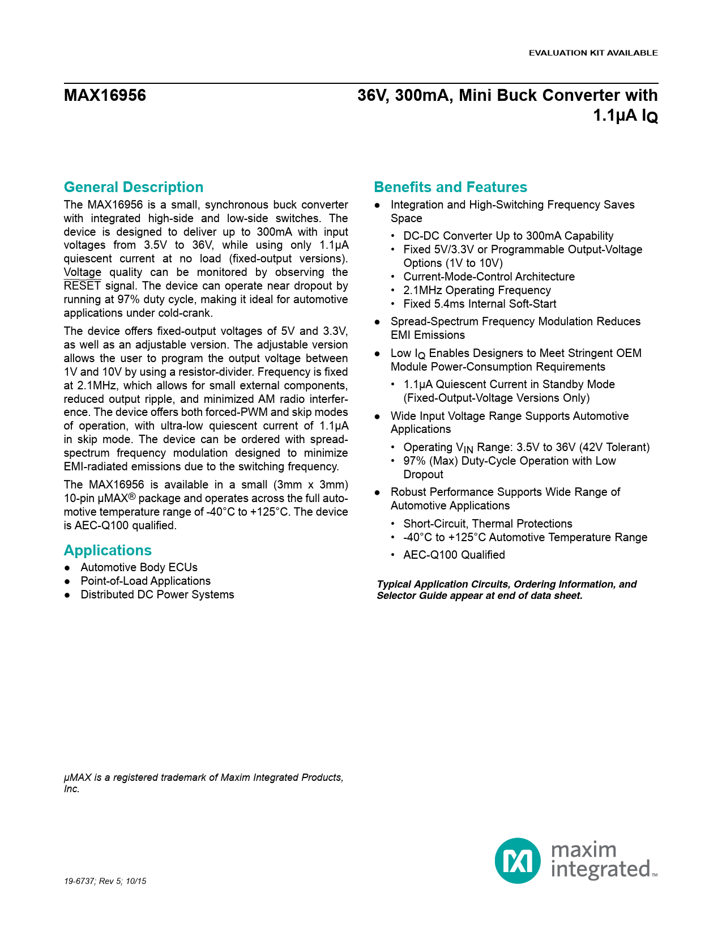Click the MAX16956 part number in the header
pos(105,95)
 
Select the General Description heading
pos(134,187)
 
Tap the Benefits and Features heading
pos(450,187)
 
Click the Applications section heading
pos(108,550)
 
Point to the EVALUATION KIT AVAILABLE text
pos(593,53)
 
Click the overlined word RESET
pos(82,286)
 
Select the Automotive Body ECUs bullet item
pos(139,567)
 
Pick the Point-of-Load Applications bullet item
pos(146,581)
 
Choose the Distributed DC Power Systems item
pos(157,594)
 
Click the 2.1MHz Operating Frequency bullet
pos(477,290)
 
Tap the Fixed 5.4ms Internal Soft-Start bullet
pos(480,304)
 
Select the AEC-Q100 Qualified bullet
pos(454,555)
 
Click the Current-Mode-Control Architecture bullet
pos(489,277)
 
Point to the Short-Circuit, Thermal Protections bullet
pos(488,524)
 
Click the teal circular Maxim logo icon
pos(518,860)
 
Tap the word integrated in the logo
pos(600,869)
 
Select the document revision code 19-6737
pos(79,881)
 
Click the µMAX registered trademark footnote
pos(203,783)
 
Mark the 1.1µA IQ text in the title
pos(625,116)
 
